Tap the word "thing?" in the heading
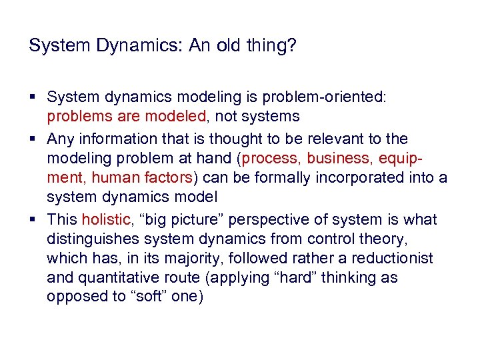coord(278,46)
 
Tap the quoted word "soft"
coord(153,297)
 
